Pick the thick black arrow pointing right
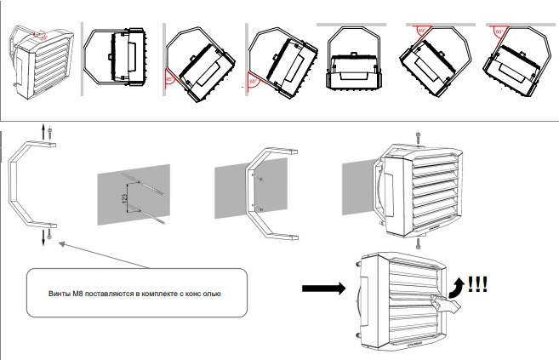point(323,289)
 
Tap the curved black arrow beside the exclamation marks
point(458,289)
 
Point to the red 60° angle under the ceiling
point(498,31)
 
